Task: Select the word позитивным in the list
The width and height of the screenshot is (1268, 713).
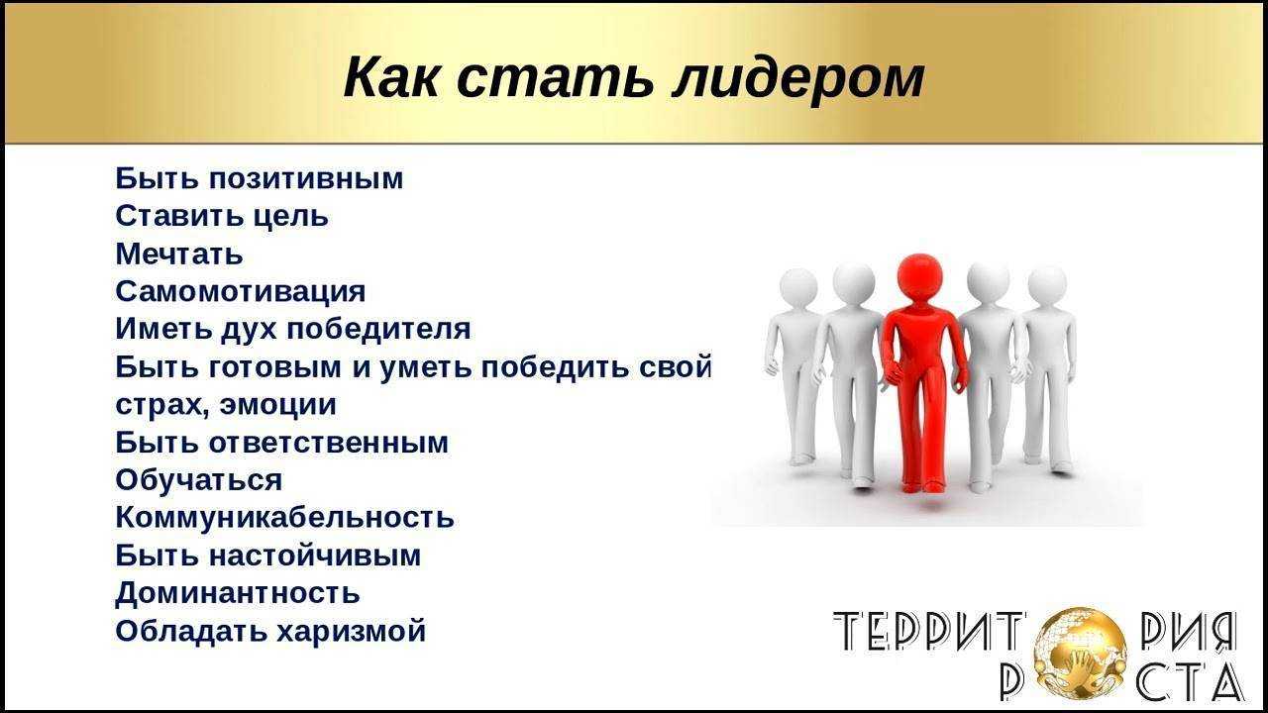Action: click(x=306, y=178)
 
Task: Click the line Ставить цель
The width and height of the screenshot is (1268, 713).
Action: click(x=222, y=216)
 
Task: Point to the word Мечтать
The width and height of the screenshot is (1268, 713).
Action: click(x=179, y=254)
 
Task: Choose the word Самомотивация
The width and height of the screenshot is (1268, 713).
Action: click(x=241, y=291)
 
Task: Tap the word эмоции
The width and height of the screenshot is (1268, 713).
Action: click(x=278, y=405)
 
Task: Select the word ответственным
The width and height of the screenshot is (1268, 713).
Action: click(x=329, y=442)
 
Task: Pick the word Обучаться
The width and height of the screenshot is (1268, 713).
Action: click(x=199, y=480)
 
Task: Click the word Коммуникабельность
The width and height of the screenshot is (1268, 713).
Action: click(x=284, y=517)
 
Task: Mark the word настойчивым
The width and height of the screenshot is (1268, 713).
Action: click(x=315, y=556)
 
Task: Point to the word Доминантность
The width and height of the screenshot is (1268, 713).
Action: click(x=238, y=593)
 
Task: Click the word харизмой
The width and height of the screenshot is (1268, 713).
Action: click(x=351, y=631)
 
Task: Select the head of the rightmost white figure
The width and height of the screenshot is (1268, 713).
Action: click(x=1047, y=285)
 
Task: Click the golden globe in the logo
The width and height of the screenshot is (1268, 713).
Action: click(x=1080, y=653)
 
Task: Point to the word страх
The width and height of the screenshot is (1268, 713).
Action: click(x=161, y=405)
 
